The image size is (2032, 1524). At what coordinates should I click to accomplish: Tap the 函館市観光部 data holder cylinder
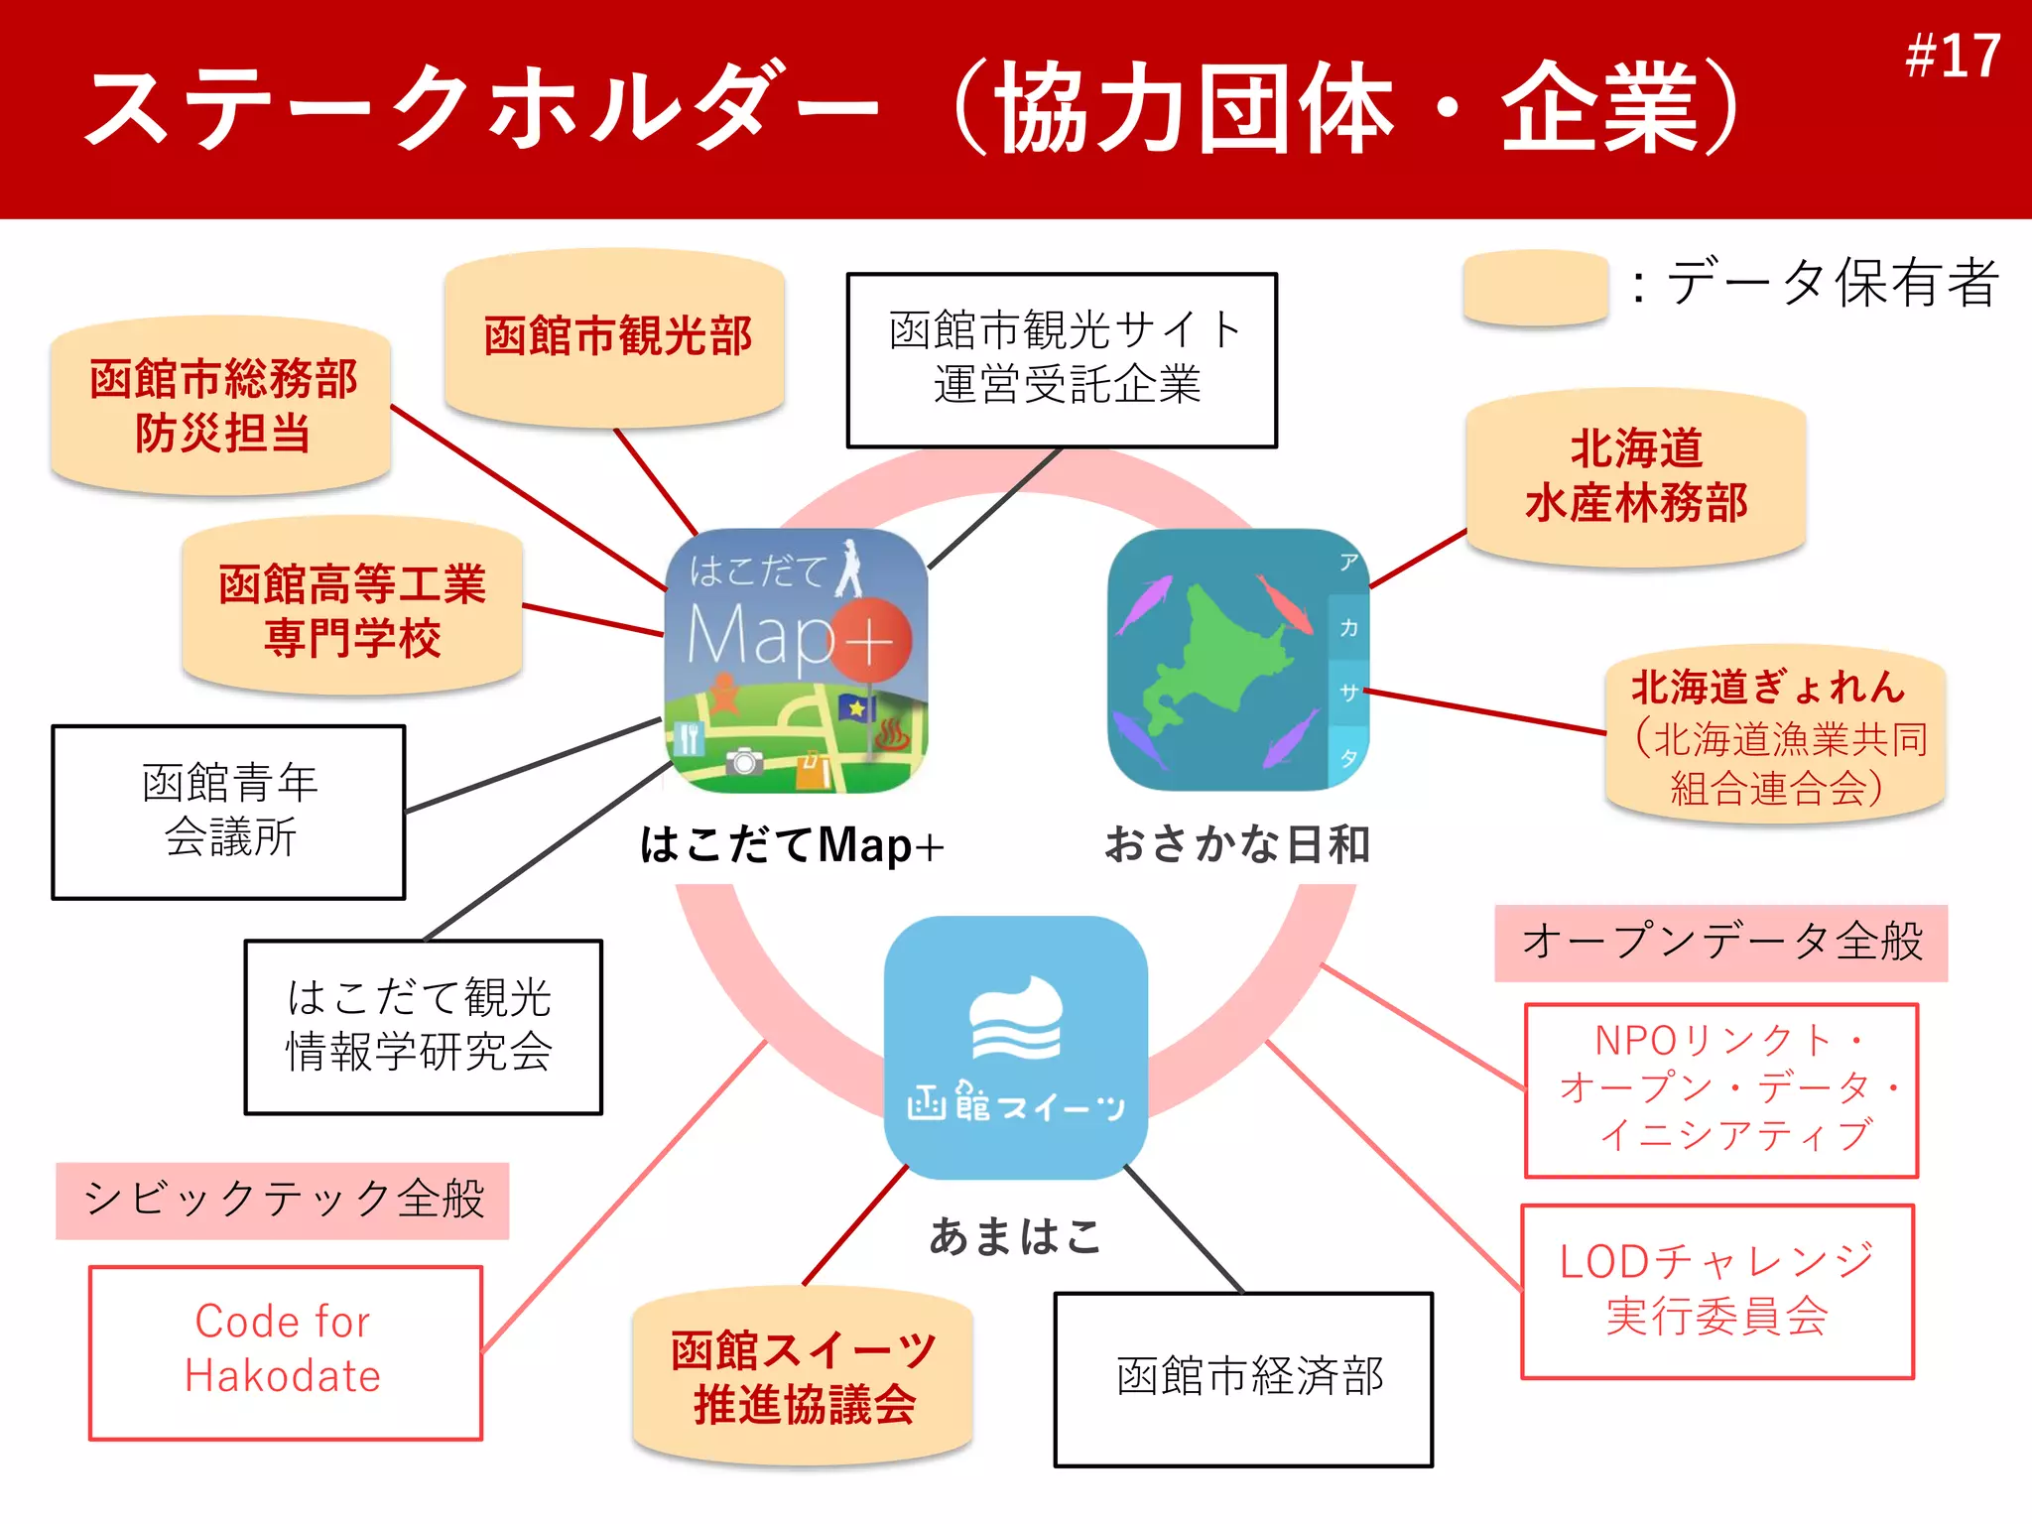(615, 337)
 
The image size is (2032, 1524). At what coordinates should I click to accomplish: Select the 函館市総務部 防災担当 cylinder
(221, 406)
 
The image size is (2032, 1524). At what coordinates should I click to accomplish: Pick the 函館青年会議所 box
(229, 812)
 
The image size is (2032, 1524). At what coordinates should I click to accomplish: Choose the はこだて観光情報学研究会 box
(424, 1027)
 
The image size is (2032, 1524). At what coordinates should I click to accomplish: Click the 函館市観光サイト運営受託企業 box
(1062, 360)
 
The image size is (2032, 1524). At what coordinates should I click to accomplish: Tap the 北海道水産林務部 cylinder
(1636, 477)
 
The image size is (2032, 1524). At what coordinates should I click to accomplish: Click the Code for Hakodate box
(286, 1352)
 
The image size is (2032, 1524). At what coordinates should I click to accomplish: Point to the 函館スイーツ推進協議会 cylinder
(803, 1377)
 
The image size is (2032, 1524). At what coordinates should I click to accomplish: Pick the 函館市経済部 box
(1244, 1379)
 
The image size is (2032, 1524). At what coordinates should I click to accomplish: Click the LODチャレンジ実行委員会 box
(1717, 1291)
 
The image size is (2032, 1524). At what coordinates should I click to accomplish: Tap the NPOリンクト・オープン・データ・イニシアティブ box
(1721, 1090)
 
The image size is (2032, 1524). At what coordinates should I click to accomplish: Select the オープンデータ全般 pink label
(1721, 943)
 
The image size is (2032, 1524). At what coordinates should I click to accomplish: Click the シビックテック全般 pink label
(283, 1201)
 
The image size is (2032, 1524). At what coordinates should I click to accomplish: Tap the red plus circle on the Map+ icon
(870, 640)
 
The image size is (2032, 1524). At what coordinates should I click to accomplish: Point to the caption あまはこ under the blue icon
(1015, 1237)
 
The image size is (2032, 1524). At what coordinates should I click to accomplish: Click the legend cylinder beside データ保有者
(1535, 287)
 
